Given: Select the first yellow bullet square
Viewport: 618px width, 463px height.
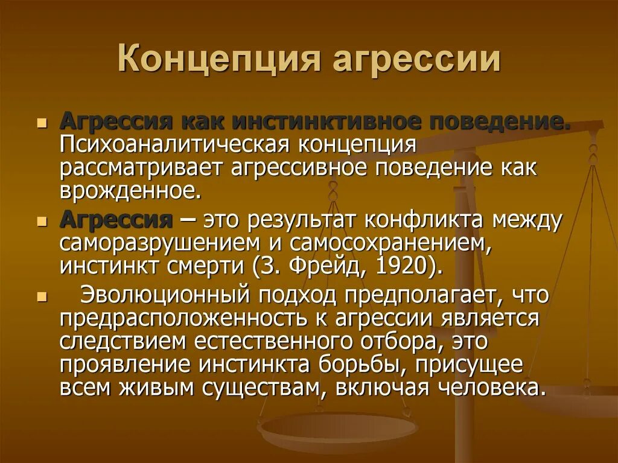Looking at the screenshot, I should [x=41, y=124].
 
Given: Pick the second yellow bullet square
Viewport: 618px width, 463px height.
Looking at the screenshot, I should [x=41, y=222].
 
